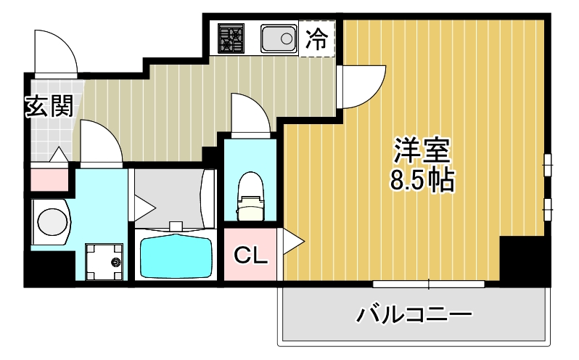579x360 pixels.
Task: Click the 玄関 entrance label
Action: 49,107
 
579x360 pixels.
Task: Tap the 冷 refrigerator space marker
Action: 316,38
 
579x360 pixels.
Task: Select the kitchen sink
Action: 279,38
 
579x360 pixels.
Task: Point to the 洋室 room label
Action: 423,150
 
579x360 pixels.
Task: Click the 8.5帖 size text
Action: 422,180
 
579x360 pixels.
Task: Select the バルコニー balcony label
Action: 414,315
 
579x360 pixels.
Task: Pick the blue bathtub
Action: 174,255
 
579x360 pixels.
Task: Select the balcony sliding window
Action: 428,283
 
